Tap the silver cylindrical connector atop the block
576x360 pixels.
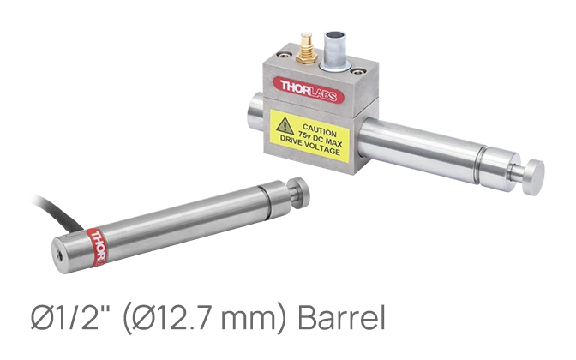pos(335,51)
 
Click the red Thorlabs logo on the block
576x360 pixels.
pos(309,90)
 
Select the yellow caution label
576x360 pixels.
pos(309,135)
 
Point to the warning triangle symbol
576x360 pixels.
pos(285,126)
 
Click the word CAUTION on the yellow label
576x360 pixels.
pos(320,130)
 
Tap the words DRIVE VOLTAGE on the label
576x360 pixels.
pos(309,145)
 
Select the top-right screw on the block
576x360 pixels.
pos(357,71)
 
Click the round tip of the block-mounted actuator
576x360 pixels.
pos(533,177)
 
